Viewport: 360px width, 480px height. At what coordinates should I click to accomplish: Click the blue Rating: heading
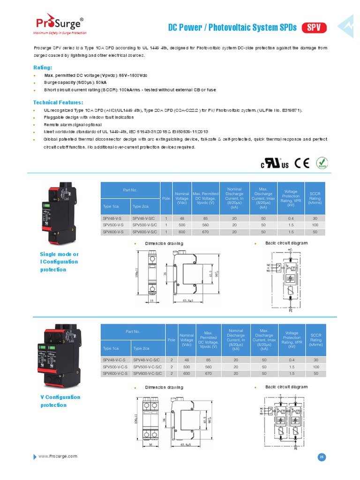43,67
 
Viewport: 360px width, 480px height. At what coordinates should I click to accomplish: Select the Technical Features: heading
58,102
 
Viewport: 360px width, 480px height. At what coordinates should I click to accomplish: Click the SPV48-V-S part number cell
112,218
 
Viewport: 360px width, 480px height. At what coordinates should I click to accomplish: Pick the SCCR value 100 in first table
315,225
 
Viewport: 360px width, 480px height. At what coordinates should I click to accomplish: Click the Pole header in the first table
166,198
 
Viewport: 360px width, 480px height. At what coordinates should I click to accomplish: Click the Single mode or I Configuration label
60,262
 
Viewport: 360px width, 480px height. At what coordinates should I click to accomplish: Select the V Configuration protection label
60,401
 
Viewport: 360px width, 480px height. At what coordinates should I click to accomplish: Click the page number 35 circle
322,457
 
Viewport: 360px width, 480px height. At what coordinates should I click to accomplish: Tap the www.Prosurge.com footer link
58,456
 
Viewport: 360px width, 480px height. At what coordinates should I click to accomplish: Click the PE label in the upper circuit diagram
291,310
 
